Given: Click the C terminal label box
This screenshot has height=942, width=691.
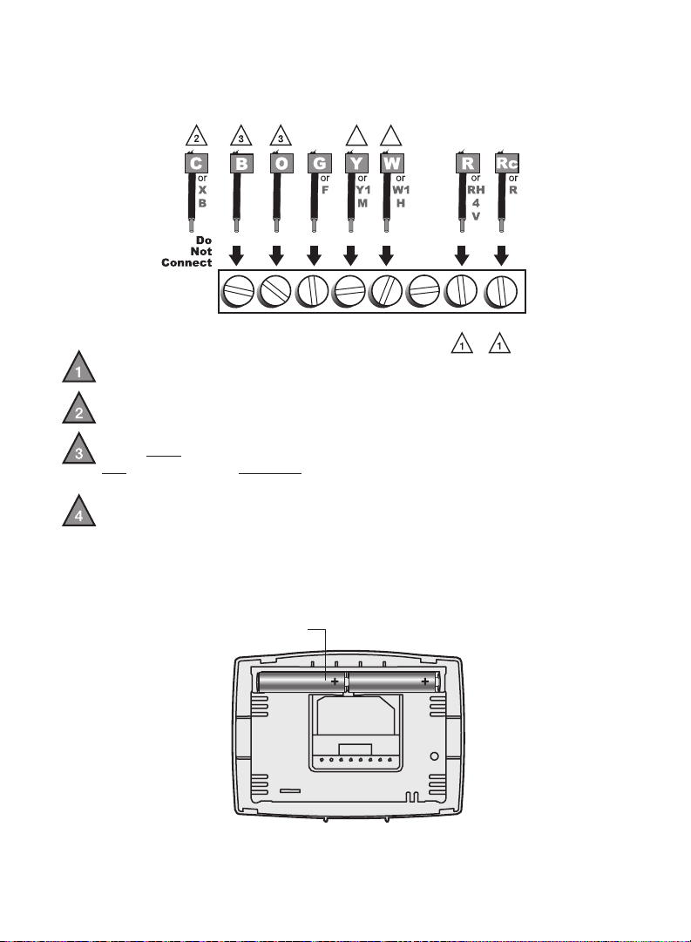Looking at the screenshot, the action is point(196,164).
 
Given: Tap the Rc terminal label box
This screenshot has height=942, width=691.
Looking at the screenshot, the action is point(506,164).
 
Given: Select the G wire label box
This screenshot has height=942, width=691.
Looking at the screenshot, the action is point(319,164).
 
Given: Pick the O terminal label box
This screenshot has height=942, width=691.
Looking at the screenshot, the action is point(281,164).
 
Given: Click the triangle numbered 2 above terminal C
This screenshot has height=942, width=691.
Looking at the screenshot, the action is point(196,137).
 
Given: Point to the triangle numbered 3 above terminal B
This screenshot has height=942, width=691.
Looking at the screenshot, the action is point(241,137).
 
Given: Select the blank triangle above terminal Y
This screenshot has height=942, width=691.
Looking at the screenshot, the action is point(357,137).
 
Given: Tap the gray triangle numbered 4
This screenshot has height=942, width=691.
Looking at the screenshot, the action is point(78,512).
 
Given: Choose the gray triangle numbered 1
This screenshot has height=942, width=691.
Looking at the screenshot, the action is point(78,369).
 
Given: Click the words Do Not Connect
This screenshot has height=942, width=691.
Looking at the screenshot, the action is point(186,252).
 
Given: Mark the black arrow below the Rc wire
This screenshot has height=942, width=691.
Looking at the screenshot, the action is point(501,255).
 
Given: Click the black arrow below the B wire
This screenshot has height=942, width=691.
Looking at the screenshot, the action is point(237,255).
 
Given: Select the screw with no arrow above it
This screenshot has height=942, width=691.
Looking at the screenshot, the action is point(424,291).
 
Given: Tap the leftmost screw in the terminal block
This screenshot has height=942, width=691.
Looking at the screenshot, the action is point(238,291).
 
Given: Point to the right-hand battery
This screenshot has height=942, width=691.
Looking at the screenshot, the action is point(395,681).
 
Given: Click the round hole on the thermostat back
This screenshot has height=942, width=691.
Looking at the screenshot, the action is point(435,756).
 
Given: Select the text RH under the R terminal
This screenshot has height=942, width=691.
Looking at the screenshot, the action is point(476,190).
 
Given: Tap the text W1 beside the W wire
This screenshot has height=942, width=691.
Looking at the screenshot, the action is point(401,190).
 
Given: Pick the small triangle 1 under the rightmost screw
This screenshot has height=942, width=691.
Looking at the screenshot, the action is point(500,344).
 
